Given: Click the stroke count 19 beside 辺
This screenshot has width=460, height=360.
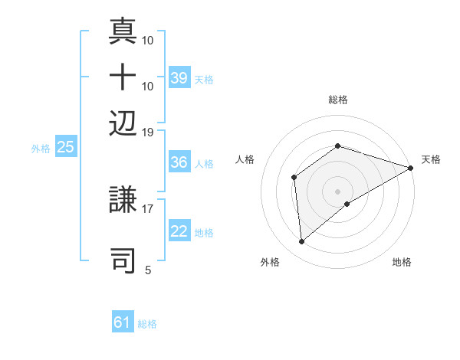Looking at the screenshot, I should point(148,132).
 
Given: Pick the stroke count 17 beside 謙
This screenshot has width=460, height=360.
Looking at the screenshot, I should point(148,207).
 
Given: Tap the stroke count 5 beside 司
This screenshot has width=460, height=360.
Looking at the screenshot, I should point(148,270).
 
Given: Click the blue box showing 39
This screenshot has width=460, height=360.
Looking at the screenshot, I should point(179,77).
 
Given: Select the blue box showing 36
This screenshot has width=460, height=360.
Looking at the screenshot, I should point(179,162).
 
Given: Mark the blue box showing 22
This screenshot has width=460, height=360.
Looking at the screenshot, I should point(179,231).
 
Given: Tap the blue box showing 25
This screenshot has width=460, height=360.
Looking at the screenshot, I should point(65,147).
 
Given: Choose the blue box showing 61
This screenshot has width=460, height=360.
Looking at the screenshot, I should point(123,322).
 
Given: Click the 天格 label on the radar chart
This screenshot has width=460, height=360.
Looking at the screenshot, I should point(431,159).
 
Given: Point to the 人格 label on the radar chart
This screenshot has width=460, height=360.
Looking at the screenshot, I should point(245,159).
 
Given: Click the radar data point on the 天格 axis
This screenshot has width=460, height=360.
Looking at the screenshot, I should point(411,169).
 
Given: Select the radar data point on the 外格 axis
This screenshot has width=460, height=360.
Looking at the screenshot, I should point(302,242).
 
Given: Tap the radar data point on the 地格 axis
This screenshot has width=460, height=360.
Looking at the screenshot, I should point(347,204).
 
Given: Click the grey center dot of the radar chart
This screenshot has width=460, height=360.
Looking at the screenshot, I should point(337,191).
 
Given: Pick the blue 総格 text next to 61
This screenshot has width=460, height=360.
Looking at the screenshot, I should point(147,324).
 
